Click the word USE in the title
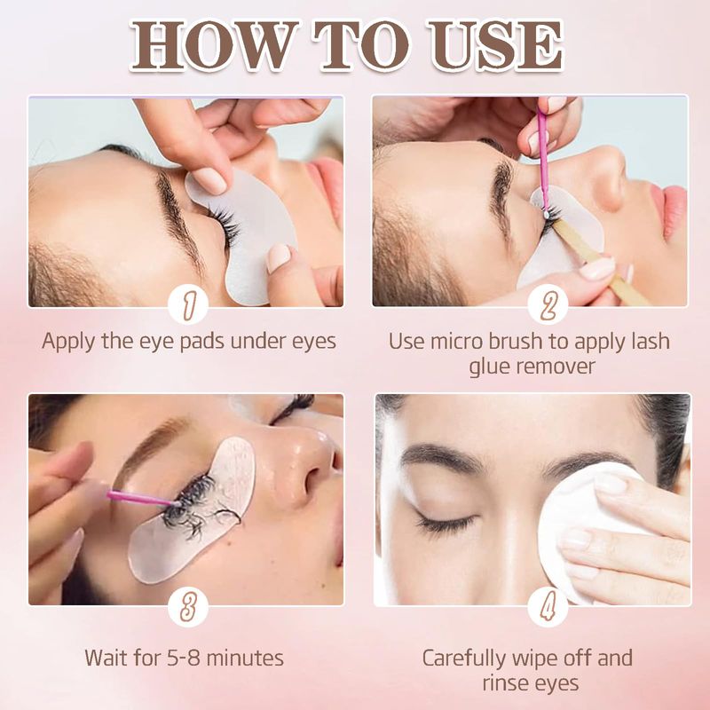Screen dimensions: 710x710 (496, 45)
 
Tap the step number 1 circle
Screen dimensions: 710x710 (188, 304)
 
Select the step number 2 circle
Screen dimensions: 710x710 (548, 304)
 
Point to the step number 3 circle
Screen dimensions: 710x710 (188, 607)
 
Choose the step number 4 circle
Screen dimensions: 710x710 (548, 607)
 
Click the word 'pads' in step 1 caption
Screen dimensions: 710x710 (203, 342)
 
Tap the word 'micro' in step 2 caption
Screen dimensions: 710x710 (457, 342)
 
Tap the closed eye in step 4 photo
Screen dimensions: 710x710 (446, 522)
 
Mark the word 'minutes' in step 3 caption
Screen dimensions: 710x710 (245, 658)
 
